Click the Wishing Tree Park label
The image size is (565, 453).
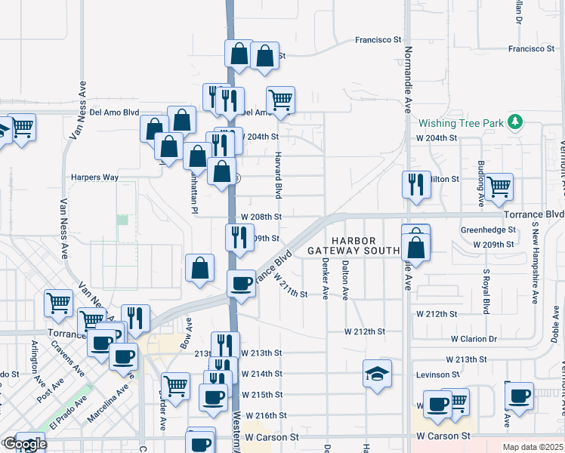point(460,123)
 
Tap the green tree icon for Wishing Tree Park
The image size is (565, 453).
point(515,122)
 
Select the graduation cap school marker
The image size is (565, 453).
point(377,374)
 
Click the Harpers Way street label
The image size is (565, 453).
point(94,177)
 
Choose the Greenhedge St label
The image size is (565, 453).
point(488,230)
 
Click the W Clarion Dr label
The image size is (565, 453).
point(475,339)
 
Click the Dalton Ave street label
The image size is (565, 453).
point(345,279)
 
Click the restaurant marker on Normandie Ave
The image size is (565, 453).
point(416,184)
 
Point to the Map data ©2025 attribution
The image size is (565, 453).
point(533,447)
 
